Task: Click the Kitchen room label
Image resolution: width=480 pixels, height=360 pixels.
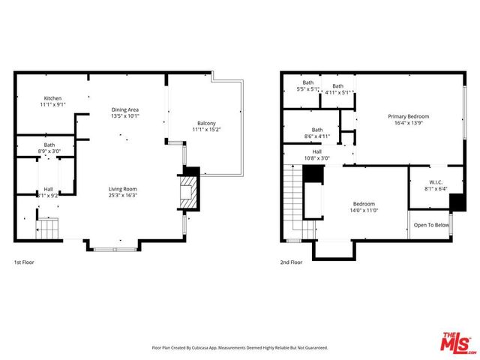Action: pyautogui.click(x=52, y=98)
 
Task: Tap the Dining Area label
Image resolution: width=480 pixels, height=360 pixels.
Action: pyautogui.click(x=125, y=110)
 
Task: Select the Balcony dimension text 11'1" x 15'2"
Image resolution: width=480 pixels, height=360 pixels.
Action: pyautogui.click(x=206, y=130)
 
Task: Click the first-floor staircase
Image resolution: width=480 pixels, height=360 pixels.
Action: pyautogui.click(x=48, y=229)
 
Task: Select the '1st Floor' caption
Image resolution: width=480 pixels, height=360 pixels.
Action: pyautogui.click(x=24, y=262)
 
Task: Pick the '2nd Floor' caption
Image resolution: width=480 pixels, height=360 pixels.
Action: pyautogui.click(x=291, y=262)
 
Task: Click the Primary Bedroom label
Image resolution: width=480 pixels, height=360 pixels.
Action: pyautogui.click(x=408, y=116)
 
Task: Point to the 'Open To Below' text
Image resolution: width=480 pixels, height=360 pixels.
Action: pyautogui.click(x=431, y=225)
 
